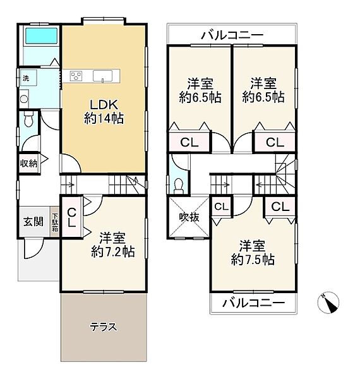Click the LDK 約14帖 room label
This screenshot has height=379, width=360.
click(104, 112)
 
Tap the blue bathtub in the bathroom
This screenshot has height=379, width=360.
click(41, 36)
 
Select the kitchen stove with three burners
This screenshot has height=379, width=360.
click(76, 76)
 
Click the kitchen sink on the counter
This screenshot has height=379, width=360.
click(102, 76)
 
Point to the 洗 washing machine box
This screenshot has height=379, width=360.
click(28, 78)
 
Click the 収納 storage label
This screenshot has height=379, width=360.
click(29, 164)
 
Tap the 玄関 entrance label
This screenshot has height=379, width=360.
click(33, 222)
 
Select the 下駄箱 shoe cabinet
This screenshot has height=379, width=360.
click(55, 222)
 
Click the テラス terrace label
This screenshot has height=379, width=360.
click(104, 327)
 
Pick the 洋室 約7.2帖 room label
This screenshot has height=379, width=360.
click(113, 244)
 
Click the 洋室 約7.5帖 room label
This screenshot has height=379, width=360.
click(253, 253)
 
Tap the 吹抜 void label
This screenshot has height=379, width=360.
click(189, 217)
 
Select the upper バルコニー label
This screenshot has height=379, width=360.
click(232, 35)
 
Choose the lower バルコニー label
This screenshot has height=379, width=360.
click(253, 303)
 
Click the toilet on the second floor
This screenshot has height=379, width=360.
click(179, 185)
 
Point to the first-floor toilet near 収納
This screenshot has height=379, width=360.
click(29, 119)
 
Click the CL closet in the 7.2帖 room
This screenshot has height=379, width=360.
click(71, 218)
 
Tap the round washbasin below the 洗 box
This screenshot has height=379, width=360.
click(24, 99)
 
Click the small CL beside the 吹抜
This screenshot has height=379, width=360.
click(221, 207)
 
